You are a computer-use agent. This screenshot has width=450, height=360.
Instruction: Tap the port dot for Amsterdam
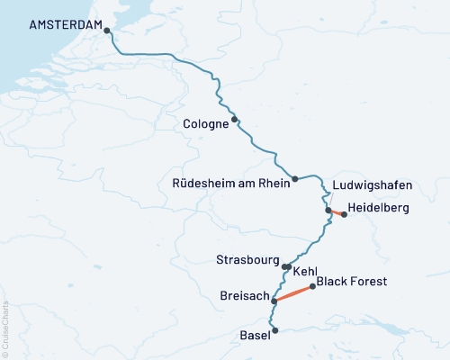coord(107,31)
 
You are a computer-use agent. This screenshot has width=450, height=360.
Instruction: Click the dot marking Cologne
coord(234,119)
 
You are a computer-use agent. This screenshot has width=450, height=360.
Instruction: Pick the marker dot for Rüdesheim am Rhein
coord(295,178)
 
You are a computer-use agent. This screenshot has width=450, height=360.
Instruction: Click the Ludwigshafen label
coord(372,185)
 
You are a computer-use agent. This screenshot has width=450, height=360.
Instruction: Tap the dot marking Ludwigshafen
coord(328,211)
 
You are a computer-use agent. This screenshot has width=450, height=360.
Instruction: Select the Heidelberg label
coord(378,208)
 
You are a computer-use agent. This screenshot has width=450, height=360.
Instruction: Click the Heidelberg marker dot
coord(344,214)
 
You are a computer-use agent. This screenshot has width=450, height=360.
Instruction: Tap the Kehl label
coord(304,269)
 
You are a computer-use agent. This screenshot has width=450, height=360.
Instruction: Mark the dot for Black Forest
coord(312,287)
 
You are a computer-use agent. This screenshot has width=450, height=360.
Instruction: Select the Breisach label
coord(243,295)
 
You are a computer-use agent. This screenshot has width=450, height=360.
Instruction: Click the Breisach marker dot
coord(274,301)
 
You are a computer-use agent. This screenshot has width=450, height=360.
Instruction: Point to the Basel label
coord(255,336)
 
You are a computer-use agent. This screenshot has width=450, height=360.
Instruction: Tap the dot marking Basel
coord(275,330)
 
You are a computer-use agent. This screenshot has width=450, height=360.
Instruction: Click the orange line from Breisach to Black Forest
coord(293,293)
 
